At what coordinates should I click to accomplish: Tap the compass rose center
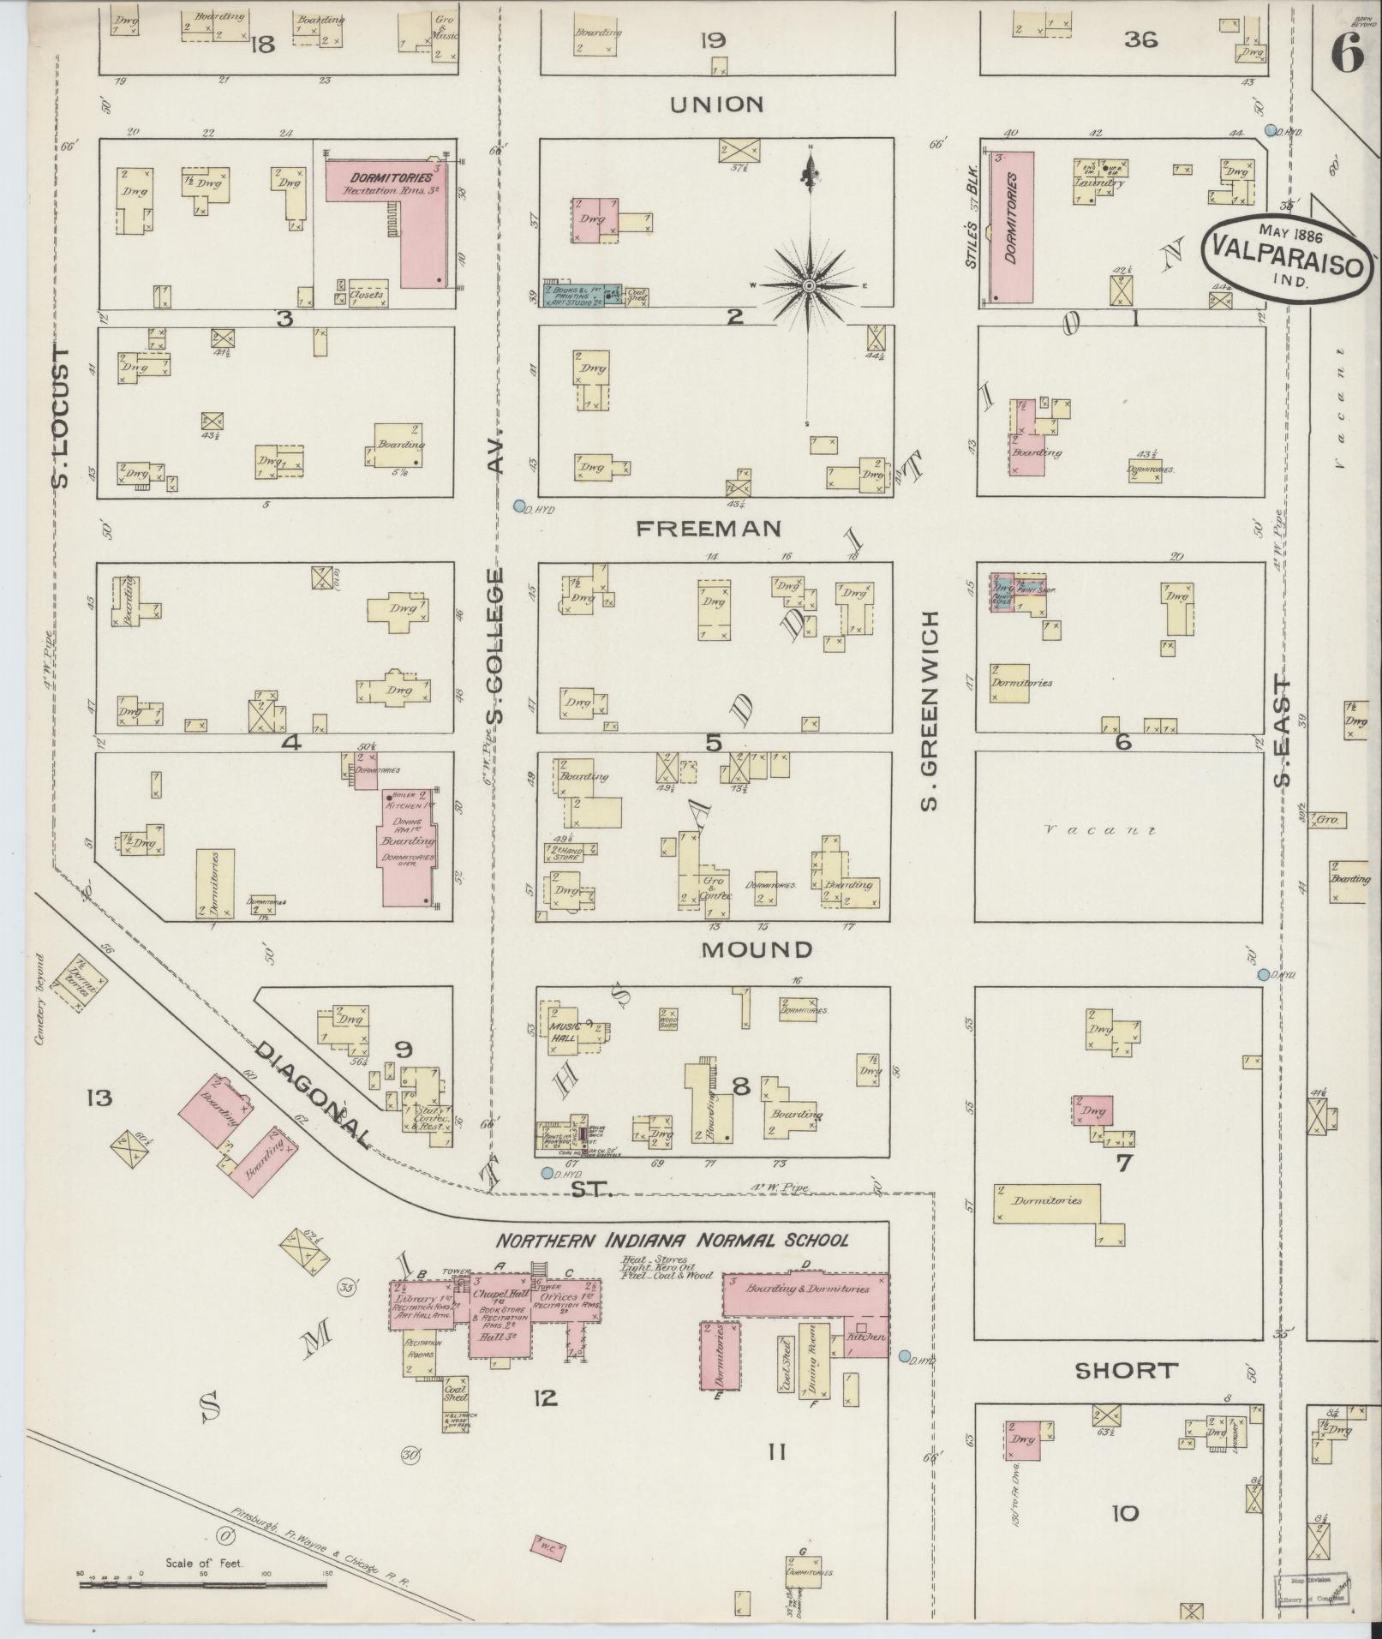click(x=807, y=285)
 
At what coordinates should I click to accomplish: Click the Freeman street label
click(x=709, y=529)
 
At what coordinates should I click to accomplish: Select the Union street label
click(x=716, y=105)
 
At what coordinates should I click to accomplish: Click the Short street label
click(x=1125, y=1370)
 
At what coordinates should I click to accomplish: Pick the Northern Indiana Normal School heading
click(x=673, y=1240)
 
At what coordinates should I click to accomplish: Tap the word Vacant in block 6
click(x=1100, y=829)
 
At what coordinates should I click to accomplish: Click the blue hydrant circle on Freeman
click(x=519, y=506)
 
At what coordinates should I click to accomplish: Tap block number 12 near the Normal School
click(x=545, y=1398)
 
